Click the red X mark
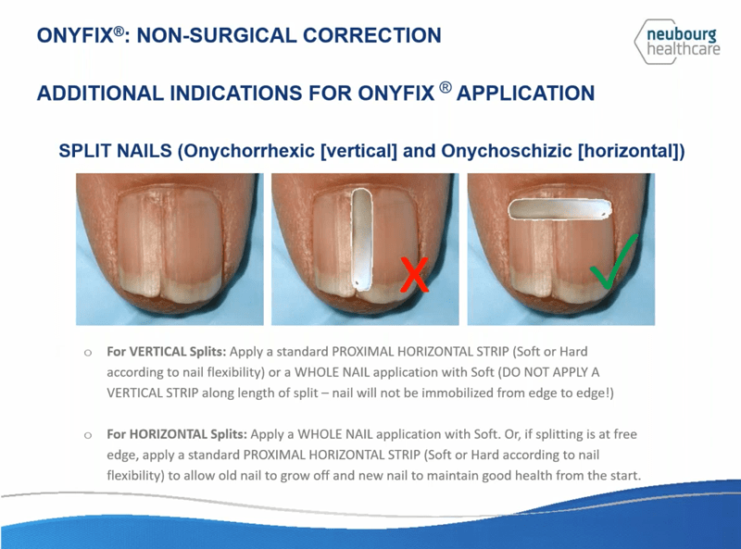click(414, 274)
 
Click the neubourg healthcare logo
click(678, 42)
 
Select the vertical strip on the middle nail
click(362, 238)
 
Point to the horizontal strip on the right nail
click(559, 209)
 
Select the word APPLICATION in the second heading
click(525, 94)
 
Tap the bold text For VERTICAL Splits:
click(167, 352)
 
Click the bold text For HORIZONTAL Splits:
click(177, 434)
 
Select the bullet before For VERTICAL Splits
click(87, 353)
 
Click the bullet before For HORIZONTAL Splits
click(87, 435)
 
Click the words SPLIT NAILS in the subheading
click(115, 151)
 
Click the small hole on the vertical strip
click(357, 282)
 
